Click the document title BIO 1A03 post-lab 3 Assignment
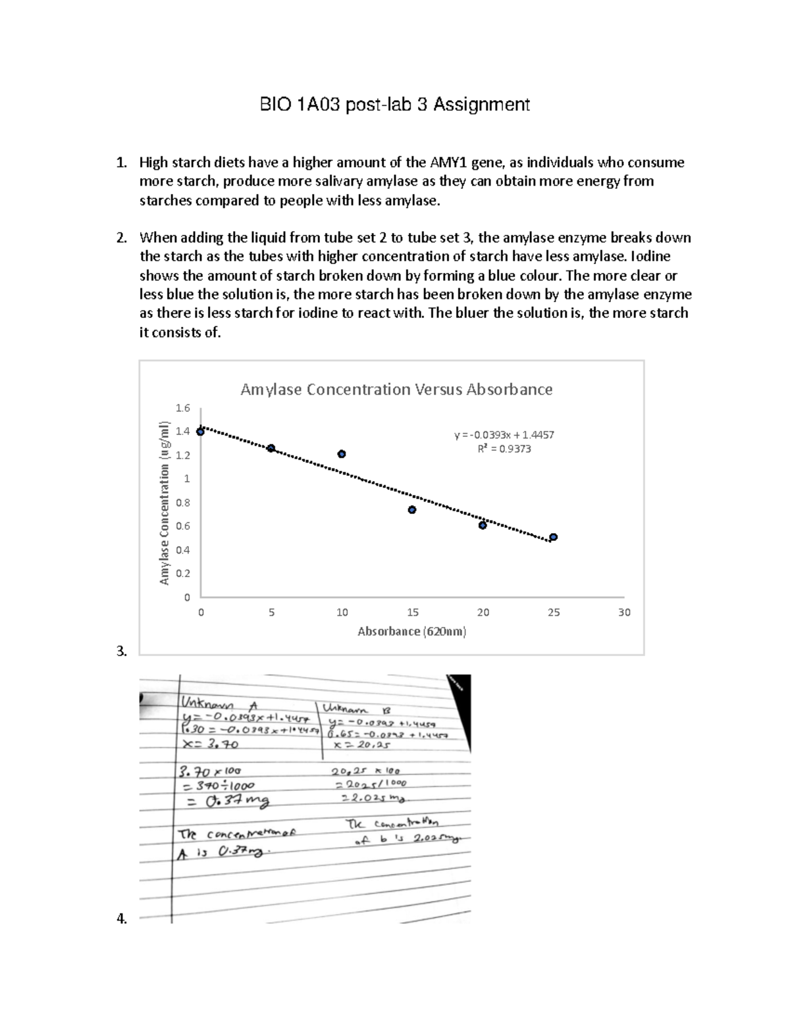(393, 105)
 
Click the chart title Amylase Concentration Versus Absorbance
(396, 390)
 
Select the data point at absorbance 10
(342, 454)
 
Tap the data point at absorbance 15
(412, 510)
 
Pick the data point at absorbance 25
(554, 537)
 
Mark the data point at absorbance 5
(271, 448)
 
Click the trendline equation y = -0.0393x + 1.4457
(504, 435)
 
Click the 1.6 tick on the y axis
(182, 408)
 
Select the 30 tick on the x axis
(624, 613)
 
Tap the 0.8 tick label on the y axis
(182, 503)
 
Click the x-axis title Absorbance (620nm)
(412, 632)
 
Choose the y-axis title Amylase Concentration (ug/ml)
(165, 503)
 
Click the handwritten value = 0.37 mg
(227, 802)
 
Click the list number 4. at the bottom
(121, 919)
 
